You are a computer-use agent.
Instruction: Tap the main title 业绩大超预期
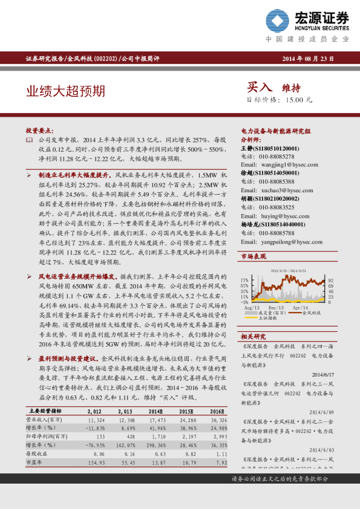pos(65,91)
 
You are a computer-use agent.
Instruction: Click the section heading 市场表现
pos(254,257)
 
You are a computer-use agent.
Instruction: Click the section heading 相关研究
pos(254,336)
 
